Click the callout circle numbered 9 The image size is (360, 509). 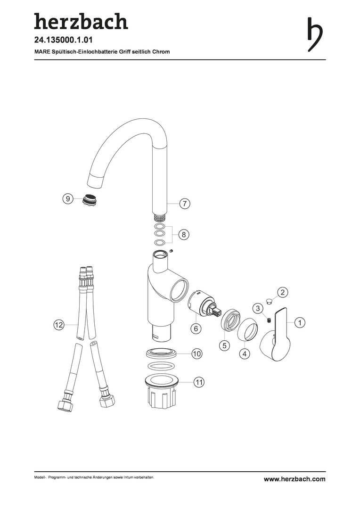67,199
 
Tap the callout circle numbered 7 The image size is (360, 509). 185,204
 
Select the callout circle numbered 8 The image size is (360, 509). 184,234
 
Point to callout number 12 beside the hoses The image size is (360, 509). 59,325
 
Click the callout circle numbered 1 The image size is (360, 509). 300,323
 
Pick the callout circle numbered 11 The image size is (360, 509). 199,382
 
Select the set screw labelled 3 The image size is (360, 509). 269,320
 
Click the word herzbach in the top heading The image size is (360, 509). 81,21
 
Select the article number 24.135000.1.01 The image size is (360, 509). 64,40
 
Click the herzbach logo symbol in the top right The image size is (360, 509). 315,34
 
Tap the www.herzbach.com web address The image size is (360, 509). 295,479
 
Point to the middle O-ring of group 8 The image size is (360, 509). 159,234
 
